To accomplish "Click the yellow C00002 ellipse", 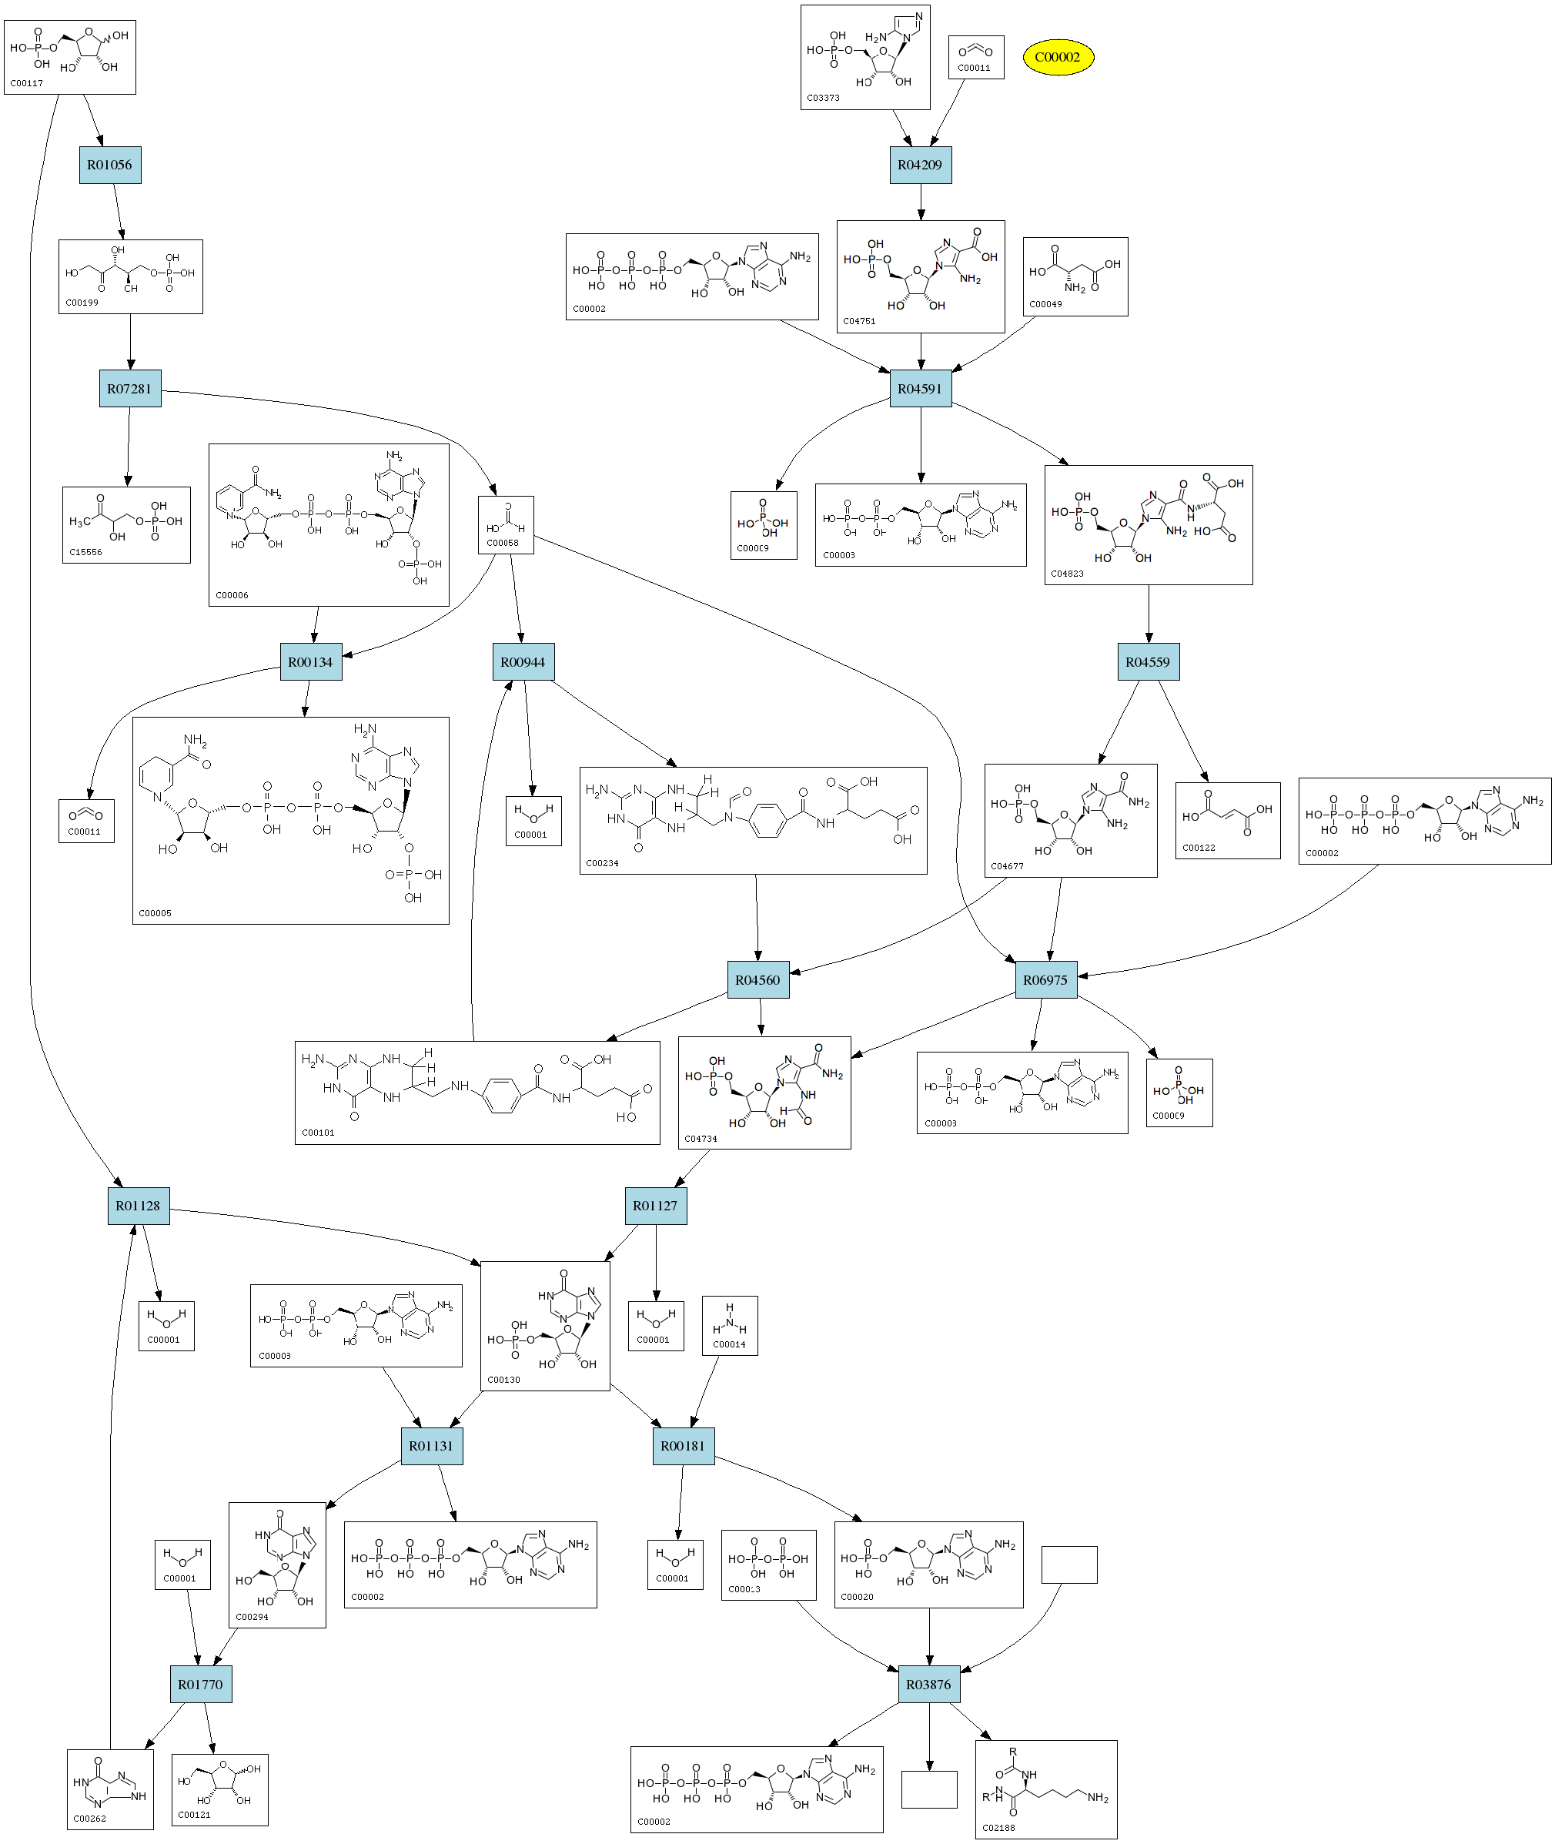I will (1058, 57).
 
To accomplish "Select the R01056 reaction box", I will (109, 165).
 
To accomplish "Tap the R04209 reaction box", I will (921, 165).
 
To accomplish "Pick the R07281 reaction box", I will (129, 389).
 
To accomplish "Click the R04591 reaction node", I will (921, 389).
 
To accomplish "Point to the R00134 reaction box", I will (310, 662).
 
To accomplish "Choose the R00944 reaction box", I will (523, 662).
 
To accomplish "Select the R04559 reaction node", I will (1148, 662).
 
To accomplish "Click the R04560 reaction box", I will (758, 980).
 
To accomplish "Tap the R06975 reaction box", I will (1045, 980).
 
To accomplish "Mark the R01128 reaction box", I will (139, 1206).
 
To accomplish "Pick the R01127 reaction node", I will (656, 1206).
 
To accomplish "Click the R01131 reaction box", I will (431, 1446).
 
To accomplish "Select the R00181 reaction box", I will (683, 1446).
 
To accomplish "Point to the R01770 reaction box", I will (200, 1685).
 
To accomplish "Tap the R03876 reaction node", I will (929, 1685).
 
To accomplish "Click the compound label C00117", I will (26, 84).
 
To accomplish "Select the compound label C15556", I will (85, 553).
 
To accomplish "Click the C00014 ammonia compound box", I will (730, 1326).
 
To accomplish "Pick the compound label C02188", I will (998, 1827).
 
